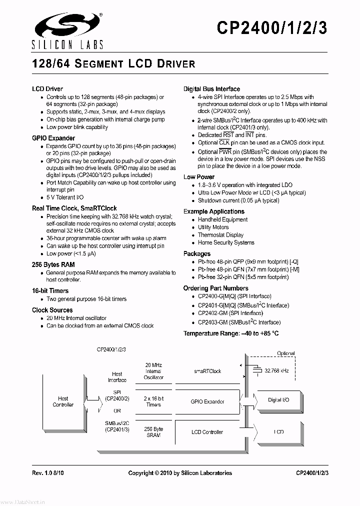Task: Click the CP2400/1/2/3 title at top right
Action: [272, 28]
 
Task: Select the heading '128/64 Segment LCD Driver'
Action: [113, 64]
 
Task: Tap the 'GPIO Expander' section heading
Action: [53, 138]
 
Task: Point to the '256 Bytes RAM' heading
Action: [53, 264]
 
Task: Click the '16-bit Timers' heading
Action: [50, 290]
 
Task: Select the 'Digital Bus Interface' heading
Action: [211, 89]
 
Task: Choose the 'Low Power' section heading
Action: [199, 177]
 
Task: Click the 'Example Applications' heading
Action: [213, 211]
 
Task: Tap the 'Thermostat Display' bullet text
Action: [220, 235]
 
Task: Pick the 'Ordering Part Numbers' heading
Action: [215, 288]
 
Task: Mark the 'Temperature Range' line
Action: [231, 333]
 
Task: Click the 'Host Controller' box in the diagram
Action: [63, 401]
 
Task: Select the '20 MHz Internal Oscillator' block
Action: [153, 371]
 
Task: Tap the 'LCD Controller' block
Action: [207, 432]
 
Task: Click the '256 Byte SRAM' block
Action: [153, 432]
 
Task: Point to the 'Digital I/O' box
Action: [278, 400]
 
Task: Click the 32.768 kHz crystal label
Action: [276, 371]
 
